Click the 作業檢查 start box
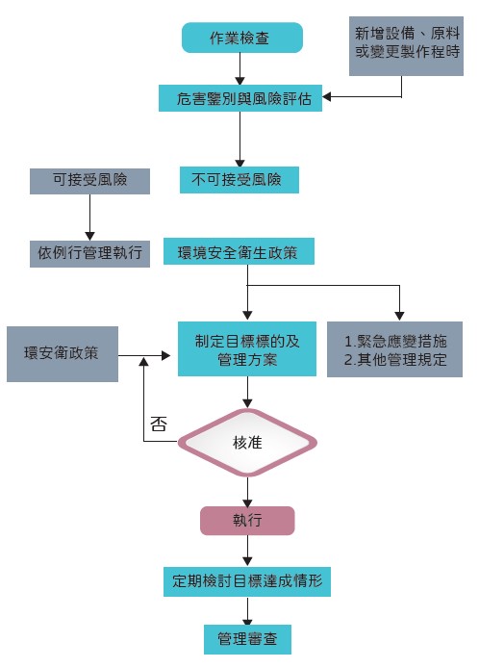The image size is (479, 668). [x=241, y=38]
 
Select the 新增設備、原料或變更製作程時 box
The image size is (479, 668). [x=400, y=45]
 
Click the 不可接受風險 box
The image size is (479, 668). [x=239, y=180]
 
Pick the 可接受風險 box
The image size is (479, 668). [x=89, y=180]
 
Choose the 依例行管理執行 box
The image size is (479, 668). [x=89, y=253]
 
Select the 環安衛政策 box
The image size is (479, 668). [x=62, y=352]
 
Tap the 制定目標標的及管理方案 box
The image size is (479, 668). [x=248, y=349]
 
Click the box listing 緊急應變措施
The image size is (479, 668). [x=394, y=349]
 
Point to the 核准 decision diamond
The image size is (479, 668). [x=248, y=442]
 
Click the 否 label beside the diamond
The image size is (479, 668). [x=160, y=424]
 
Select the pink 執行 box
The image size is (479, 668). [x=246, y=521]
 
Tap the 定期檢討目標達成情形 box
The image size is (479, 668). [x=247, y=580]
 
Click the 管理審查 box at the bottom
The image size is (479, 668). [x=247, y=639]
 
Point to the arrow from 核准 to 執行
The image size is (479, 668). [x=248, y=490]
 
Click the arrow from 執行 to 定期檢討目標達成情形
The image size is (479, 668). [x=248, y=551]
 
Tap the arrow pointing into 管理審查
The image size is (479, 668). [x=248, y=610]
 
